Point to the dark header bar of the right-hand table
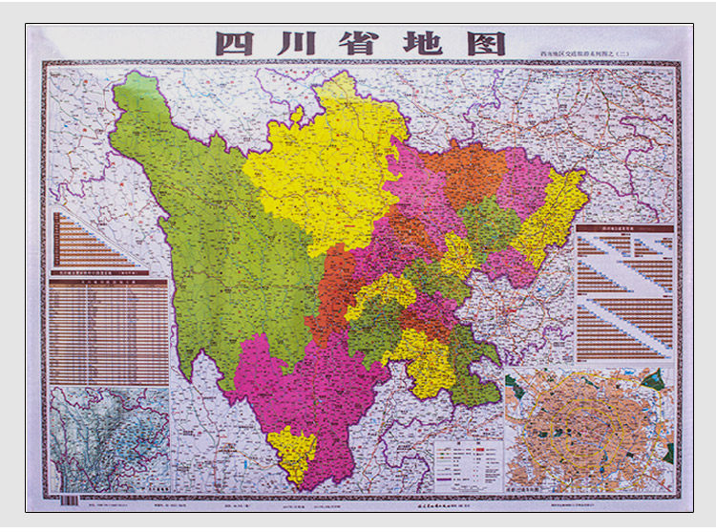click(x=625, y=229)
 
